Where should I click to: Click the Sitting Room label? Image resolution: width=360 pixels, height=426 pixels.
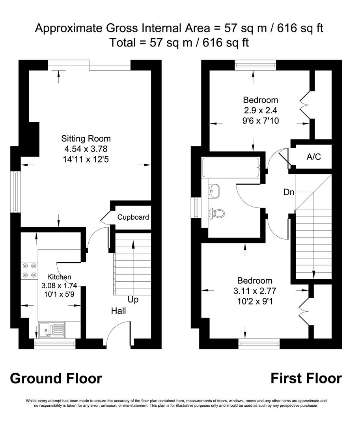[86, 139]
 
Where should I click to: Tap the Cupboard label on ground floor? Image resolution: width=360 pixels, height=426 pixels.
[133, 217]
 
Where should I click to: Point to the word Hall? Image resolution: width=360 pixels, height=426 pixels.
[118, 311]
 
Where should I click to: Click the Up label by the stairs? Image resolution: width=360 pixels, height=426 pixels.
[133, 300]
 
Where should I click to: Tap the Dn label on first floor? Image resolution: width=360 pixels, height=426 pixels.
[289, 192]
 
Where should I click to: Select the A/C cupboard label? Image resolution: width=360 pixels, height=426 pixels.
[314, 157]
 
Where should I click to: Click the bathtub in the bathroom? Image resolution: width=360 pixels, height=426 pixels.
[231, 166]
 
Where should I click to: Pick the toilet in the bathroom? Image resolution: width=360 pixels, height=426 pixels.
[217, 213]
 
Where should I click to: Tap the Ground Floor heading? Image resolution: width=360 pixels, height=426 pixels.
[56, 378]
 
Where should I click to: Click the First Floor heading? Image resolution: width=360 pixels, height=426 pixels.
[306, 378]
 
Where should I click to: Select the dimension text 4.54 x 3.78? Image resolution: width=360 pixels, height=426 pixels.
[86, 149]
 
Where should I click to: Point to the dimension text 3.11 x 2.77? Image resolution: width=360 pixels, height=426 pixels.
[255, 291]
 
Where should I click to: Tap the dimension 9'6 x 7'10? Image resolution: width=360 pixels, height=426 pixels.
[261, 121]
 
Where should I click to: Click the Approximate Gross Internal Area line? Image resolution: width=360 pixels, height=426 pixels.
[180, 28]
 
